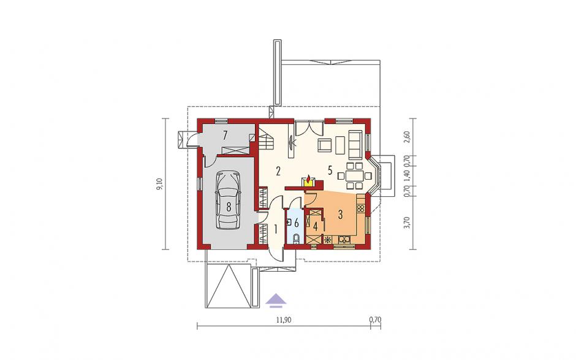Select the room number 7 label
(225, 135)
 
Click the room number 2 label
(278, 171)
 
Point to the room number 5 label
(330, 170)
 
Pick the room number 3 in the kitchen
(341, 214)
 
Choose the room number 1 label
(276, 229)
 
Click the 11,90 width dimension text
(284, 320)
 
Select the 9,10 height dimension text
(159, 183)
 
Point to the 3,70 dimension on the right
(406, 223)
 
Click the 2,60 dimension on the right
(406, 137)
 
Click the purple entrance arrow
(276, 300)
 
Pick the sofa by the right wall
(355, 144)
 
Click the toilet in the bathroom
(297, 240)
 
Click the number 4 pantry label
(315, 226)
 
